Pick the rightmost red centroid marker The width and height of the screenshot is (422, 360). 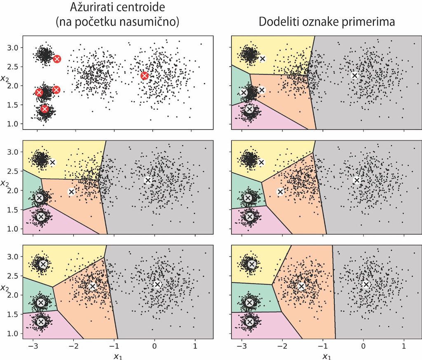click(x=145, y=76)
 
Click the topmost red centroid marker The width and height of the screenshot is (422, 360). click(x=57, y=59)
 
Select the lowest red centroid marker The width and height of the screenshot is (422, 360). click(x=45, y=109)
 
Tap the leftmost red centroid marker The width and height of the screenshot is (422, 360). click(x=39, y=92)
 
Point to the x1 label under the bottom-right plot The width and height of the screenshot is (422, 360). click(x=326, y=355)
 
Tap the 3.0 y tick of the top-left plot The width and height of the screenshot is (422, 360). click(x=14, y=48)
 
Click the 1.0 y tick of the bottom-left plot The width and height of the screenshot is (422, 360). click(x=14, y=333)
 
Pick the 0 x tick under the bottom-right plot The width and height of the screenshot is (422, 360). click(x=363, y=346)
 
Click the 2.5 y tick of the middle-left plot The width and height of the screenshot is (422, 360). click(x=14, y=171)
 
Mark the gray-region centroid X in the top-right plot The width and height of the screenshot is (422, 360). click(x=354, y=76)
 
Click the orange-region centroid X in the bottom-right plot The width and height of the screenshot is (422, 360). click(x=302, y=286)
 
